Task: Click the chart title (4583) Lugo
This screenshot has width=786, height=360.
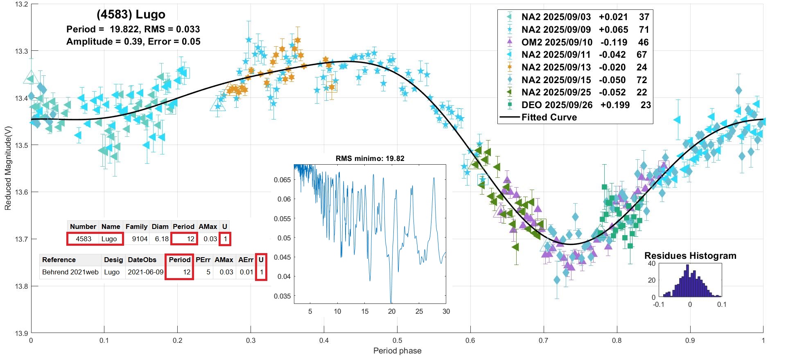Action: tap(131, 15)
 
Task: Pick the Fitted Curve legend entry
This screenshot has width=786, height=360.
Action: tap(549, 118)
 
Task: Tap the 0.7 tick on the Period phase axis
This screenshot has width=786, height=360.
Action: tap(543, 340)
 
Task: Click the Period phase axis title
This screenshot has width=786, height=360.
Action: tap(397, 351)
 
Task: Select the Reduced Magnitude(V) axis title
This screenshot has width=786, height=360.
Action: tap(8, 168)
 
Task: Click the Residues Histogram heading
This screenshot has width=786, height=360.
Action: tap(690, 256)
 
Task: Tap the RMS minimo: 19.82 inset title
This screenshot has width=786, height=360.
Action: tap(370, 158)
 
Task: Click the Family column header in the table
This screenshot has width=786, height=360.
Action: tap(136, 226)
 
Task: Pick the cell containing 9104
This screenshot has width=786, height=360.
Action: tap(140, 239)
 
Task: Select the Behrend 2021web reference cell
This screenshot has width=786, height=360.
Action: tap(70, 272)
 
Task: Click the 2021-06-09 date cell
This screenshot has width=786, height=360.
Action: tap(145, 272)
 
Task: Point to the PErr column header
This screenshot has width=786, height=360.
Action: tap(203, 260)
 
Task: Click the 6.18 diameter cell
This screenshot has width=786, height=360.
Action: tap(162, 239)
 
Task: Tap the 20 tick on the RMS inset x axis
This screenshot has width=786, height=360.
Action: tap(392, 311)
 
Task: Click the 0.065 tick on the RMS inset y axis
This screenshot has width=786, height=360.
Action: tap(282, 180)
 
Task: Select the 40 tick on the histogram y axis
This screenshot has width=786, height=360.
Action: tap(652, 263)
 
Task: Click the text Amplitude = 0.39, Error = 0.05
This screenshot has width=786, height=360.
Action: tap(133, 41)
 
